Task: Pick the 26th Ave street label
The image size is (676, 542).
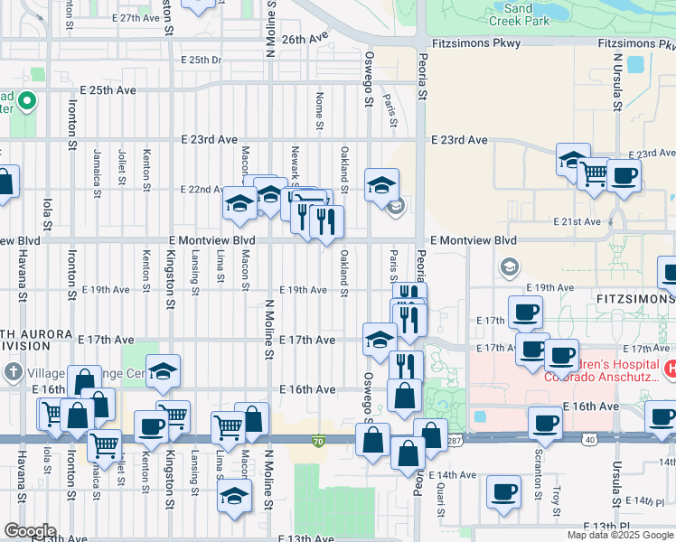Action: point(304,40)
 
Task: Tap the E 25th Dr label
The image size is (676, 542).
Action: point(201,61)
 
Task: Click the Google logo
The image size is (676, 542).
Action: point(30,531)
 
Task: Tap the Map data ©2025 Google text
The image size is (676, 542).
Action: point(619,535)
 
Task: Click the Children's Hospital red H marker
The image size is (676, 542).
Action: point(671,369)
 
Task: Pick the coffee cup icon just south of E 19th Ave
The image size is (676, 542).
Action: point(525,312)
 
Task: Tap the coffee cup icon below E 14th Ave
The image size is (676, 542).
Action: point(503,491)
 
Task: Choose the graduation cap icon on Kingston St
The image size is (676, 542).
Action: point(164,370)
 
